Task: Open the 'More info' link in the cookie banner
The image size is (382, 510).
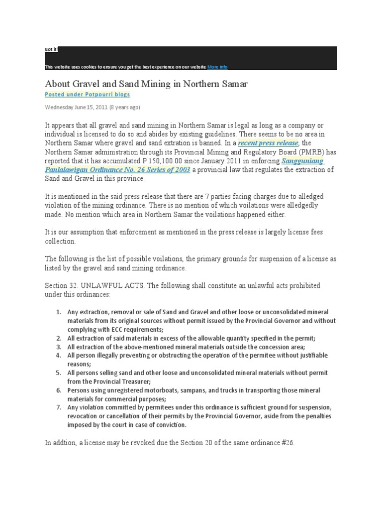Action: pos(217,67)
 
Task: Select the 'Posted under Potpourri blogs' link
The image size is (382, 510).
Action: pos(88,94)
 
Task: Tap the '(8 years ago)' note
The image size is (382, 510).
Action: pos(125,107)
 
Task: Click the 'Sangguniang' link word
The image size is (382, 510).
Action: pos(302,161)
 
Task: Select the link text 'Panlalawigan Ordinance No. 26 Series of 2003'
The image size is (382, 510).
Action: pos(117,170)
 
